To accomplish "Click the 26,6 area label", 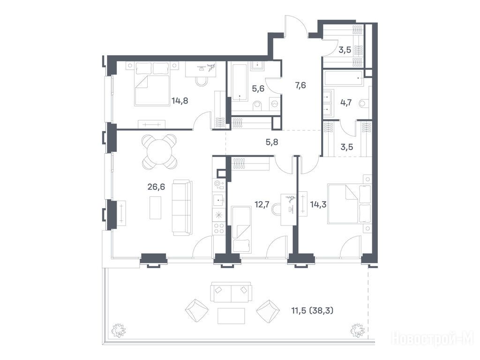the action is [x=156, y=187].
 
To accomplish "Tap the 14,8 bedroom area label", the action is [x=180, y=101].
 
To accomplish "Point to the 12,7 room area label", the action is [x=262, y=204].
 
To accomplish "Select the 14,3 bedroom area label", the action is [x=318, y=204].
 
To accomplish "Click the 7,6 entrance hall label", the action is [x=300, y=85].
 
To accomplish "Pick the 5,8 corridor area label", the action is [x=272, y=142].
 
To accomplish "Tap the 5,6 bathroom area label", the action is [x=258, y=89].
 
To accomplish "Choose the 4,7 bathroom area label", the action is [x=346, y=102].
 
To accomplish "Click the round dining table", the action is [x=159, y=151].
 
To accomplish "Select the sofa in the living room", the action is [x=182, y=208].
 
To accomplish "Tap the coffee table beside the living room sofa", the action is [x=155, y=208].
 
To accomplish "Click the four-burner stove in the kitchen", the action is [x=219, y=228].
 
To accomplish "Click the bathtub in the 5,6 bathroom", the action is [x=239, y=82].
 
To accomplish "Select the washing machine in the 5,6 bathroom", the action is [x=275, y=104].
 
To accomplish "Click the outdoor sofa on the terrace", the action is [x=231, y=292].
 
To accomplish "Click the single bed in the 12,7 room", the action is [x=242, y=230].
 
